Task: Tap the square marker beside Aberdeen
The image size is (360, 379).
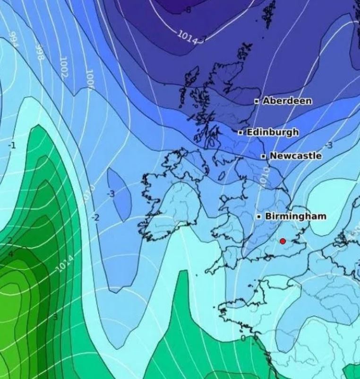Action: pos(257,101)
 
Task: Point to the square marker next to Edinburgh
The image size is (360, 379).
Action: pos(240,133)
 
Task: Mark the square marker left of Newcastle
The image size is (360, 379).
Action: pos(264,156)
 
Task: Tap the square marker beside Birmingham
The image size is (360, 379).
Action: pos(259,216)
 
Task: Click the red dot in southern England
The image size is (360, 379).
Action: pos(283,241)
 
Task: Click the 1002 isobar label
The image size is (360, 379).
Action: pos(64,67)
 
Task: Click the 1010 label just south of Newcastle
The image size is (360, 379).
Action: pos(266,176)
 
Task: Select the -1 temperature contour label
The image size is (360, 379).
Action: pos(12,146)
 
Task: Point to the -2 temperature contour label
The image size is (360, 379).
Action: pos(95,217)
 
